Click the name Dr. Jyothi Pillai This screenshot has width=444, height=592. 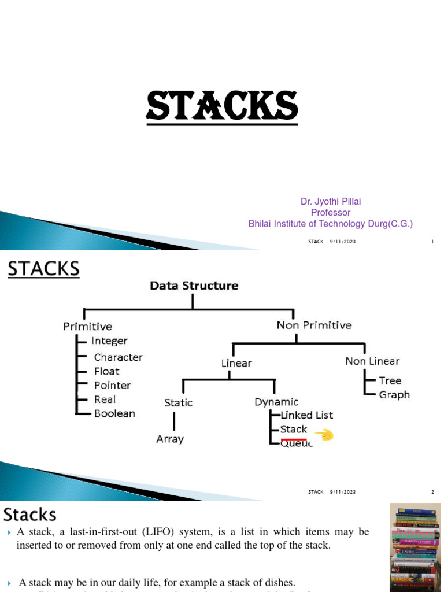pos(331,202)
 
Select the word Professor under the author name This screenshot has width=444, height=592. pos(331,213)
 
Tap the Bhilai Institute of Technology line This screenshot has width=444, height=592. pos(331,224)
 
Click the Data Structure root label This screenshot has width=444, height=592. pos(194,286)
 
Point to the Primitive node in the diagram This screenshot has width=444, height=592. pos(87,327)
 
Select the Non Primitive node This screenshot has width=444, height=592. pos(314,325)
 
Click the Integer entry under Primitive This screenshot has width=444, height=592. pos(109,341)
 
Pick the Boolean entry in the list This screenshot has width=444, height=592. pos(114,413)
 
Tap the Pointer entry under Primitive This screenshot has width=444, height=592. pos(112,385)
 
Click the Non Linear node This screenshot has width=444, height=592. pos(372,361)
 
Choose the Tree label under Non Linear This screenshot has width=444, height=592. pos(390,380)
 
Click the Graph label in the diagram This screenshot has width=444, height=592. pos(394,395)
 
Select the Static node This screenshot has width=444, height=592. pos(179,402)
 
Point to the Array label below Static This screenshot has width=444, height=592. pos(170,439)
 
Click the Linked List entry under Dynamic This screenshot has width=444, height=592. pos(306,415)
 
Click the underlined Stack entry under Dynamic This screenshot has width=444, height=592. pos(294,430)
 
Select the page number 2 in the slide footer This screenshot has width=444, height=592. pos(432,492)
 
